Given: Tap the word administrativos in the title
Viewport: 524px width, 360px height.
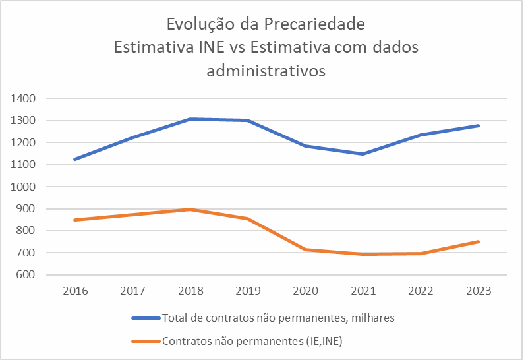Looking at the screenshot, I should pos(266,71).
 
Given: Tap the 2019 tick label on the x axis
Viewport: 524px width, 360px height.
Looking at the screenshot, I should pos(248,291).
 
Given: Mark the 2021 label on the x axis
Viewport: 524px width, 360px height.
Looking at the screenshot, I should pos(363,291).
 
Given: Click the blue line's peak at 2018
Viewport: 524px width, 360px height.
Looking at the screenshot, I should pos(190,119).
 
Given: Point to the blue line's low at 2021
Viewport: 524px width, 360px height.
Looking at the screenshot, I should pos(363,154).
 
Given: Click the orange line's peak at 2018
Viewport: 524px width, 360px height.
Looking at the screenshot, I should pos(190,209).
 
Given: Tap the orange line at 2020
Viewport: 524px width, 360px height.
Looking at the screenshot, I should pos(305,249).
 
